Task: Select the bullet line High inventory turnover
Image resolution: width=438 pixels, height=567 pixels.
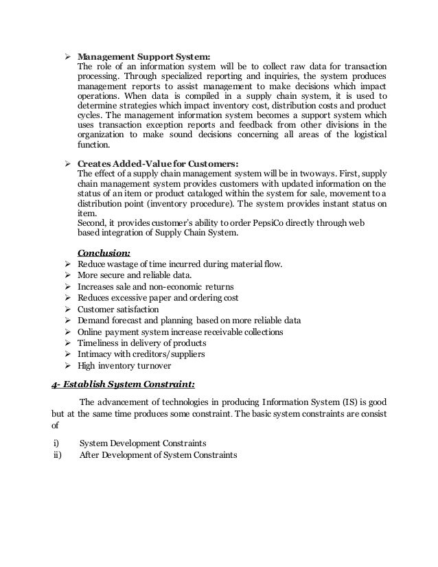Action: point(124,366)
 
